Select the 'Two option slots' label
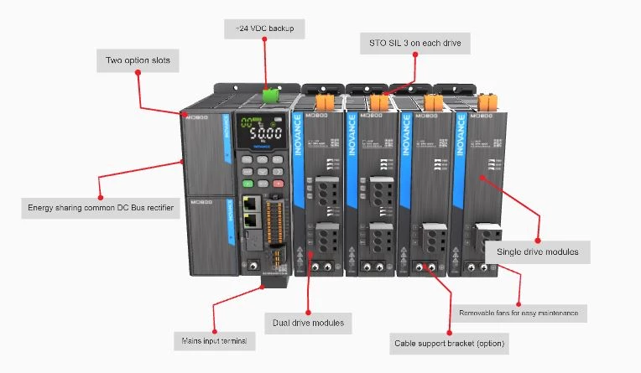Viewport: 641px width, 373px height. tap(136, 60)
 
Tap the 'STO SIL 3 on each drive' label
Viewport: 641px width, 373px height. tap(409, 42)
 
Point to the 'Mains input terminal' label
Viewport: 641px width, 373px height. tap(213, 341)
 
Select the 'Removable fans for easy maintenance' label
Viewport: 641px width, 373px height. tap(519, 313)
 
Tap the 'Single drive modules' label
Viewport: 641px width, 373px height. tap(537, 251)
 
